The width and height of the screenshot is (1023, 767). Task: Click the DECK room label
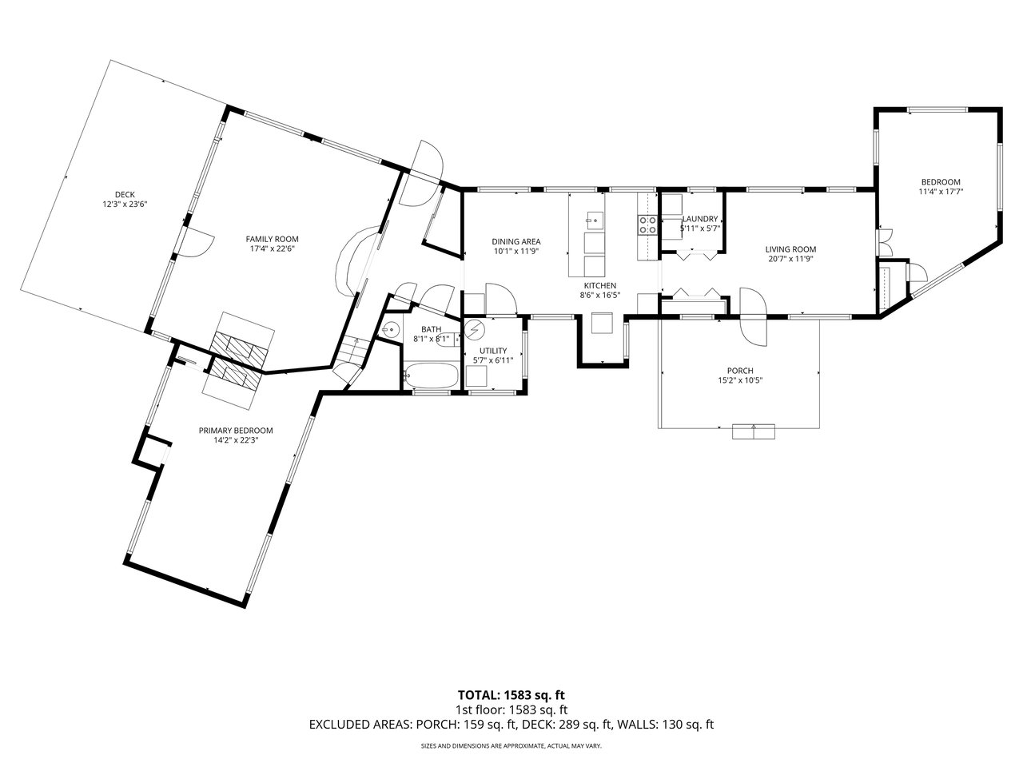point(125,195)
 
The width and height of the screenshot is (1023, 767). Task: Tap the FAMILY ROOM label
point(273,239)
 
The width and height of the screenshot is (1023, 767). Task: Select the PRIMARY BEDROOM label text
point(236,431)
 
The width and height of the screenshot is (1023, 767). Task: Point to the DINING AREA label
point(516,242)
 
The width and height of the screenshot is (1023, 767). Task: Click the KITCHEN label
point(600,285)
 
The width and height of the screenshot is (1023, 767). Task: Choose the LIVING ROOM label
point(791,249)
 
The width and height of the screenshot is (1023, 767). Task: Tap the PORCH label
point(740,371)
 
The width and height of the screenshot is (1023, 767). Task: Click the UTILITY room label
point(493,351)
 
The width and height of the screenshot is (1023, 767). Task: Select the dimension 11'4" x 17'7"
point(941,192)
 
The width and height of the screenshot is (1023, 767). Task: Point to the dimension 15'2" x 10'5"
point(740,380)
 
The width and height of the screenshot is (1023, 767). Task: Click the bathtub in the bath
point(431,375)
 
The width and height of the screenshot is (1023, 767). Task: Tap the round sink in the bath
point(392,330)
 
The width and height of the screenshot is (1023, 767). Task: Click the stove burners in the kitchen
point(647,225)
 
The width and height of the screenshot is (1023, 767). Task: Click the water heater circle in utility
point(475,329)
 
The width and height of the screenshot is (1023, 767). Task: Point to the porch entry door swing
point(753,316)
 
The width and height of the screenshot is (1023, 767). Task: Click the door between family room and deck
point(197,242)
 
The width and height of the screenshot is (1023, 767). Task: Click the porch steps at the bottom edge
point(754,431)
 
